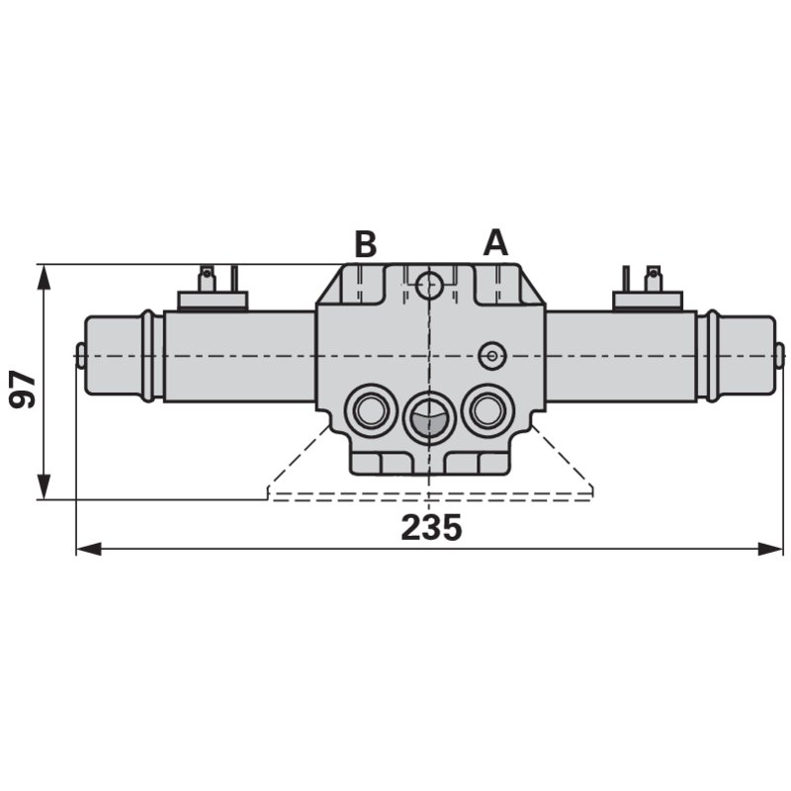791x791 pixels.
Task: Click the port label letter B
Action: (366, 244)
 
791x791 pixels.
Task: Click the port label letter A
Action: (495, 242)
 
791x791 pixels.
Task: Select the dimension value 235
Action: (431, 528)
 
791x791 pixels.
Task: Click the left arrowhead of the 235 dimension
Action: (89, 549)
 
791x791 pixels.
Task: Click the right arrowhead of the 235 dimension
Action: (770, 549)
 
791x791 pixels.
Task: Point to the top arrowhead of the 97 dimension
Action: (44, 277)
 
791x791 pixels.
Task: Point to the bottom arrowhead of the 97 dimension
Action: (44, 486)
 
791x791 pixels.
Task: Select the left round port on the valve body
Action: (370, 410)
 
